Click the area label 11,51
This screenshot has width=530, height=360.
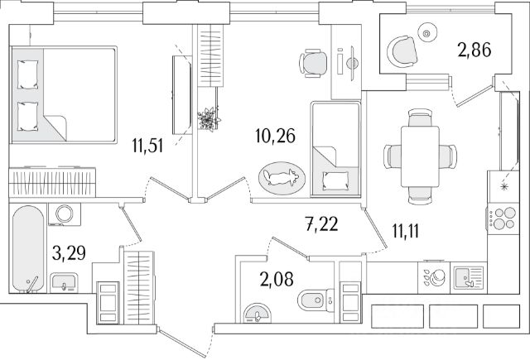tap(148, 150)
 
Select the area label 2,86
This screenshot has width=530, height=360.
tap(475, 50)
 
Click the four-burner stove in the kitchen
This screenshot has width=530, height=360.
tap(499, 220)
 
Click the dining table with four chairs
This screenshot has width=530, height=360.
tap(420, 154)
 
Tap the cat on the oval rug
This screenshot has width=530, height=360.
tap(282, 176)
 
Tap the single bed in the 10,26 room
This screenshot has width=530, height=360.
tap(335, 150)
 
